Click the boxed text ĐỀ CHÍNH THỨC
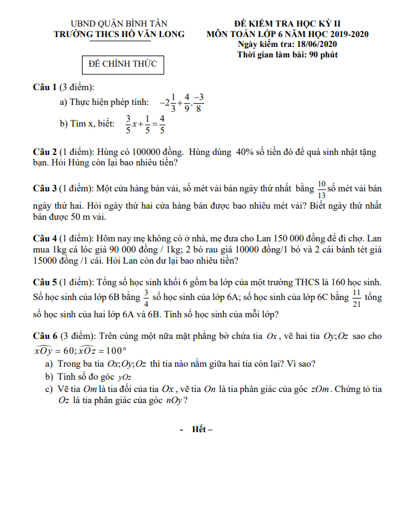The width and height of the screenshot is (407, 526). tap(123, 64)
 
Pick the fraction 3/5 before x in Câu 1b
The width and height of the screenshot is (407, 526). tap(128, 124)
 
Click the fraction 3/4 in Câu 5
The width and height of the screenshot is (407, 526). tap(146, 298)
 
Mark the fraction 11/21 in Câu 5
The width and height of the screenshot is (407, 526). tap(356, 298)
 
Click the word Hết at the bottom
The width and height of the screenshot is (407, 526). tap(200, 429)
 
